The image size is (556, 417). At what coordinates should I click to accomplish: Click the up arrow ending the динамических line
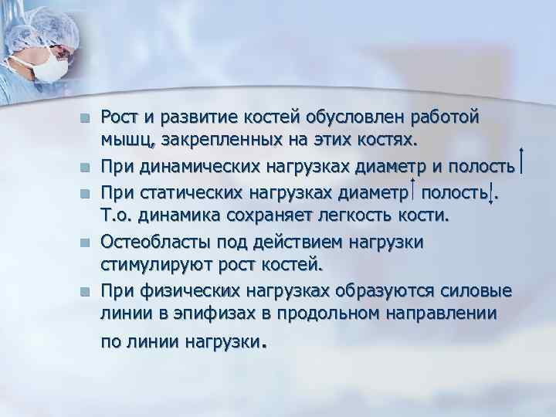coord(525,161)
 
